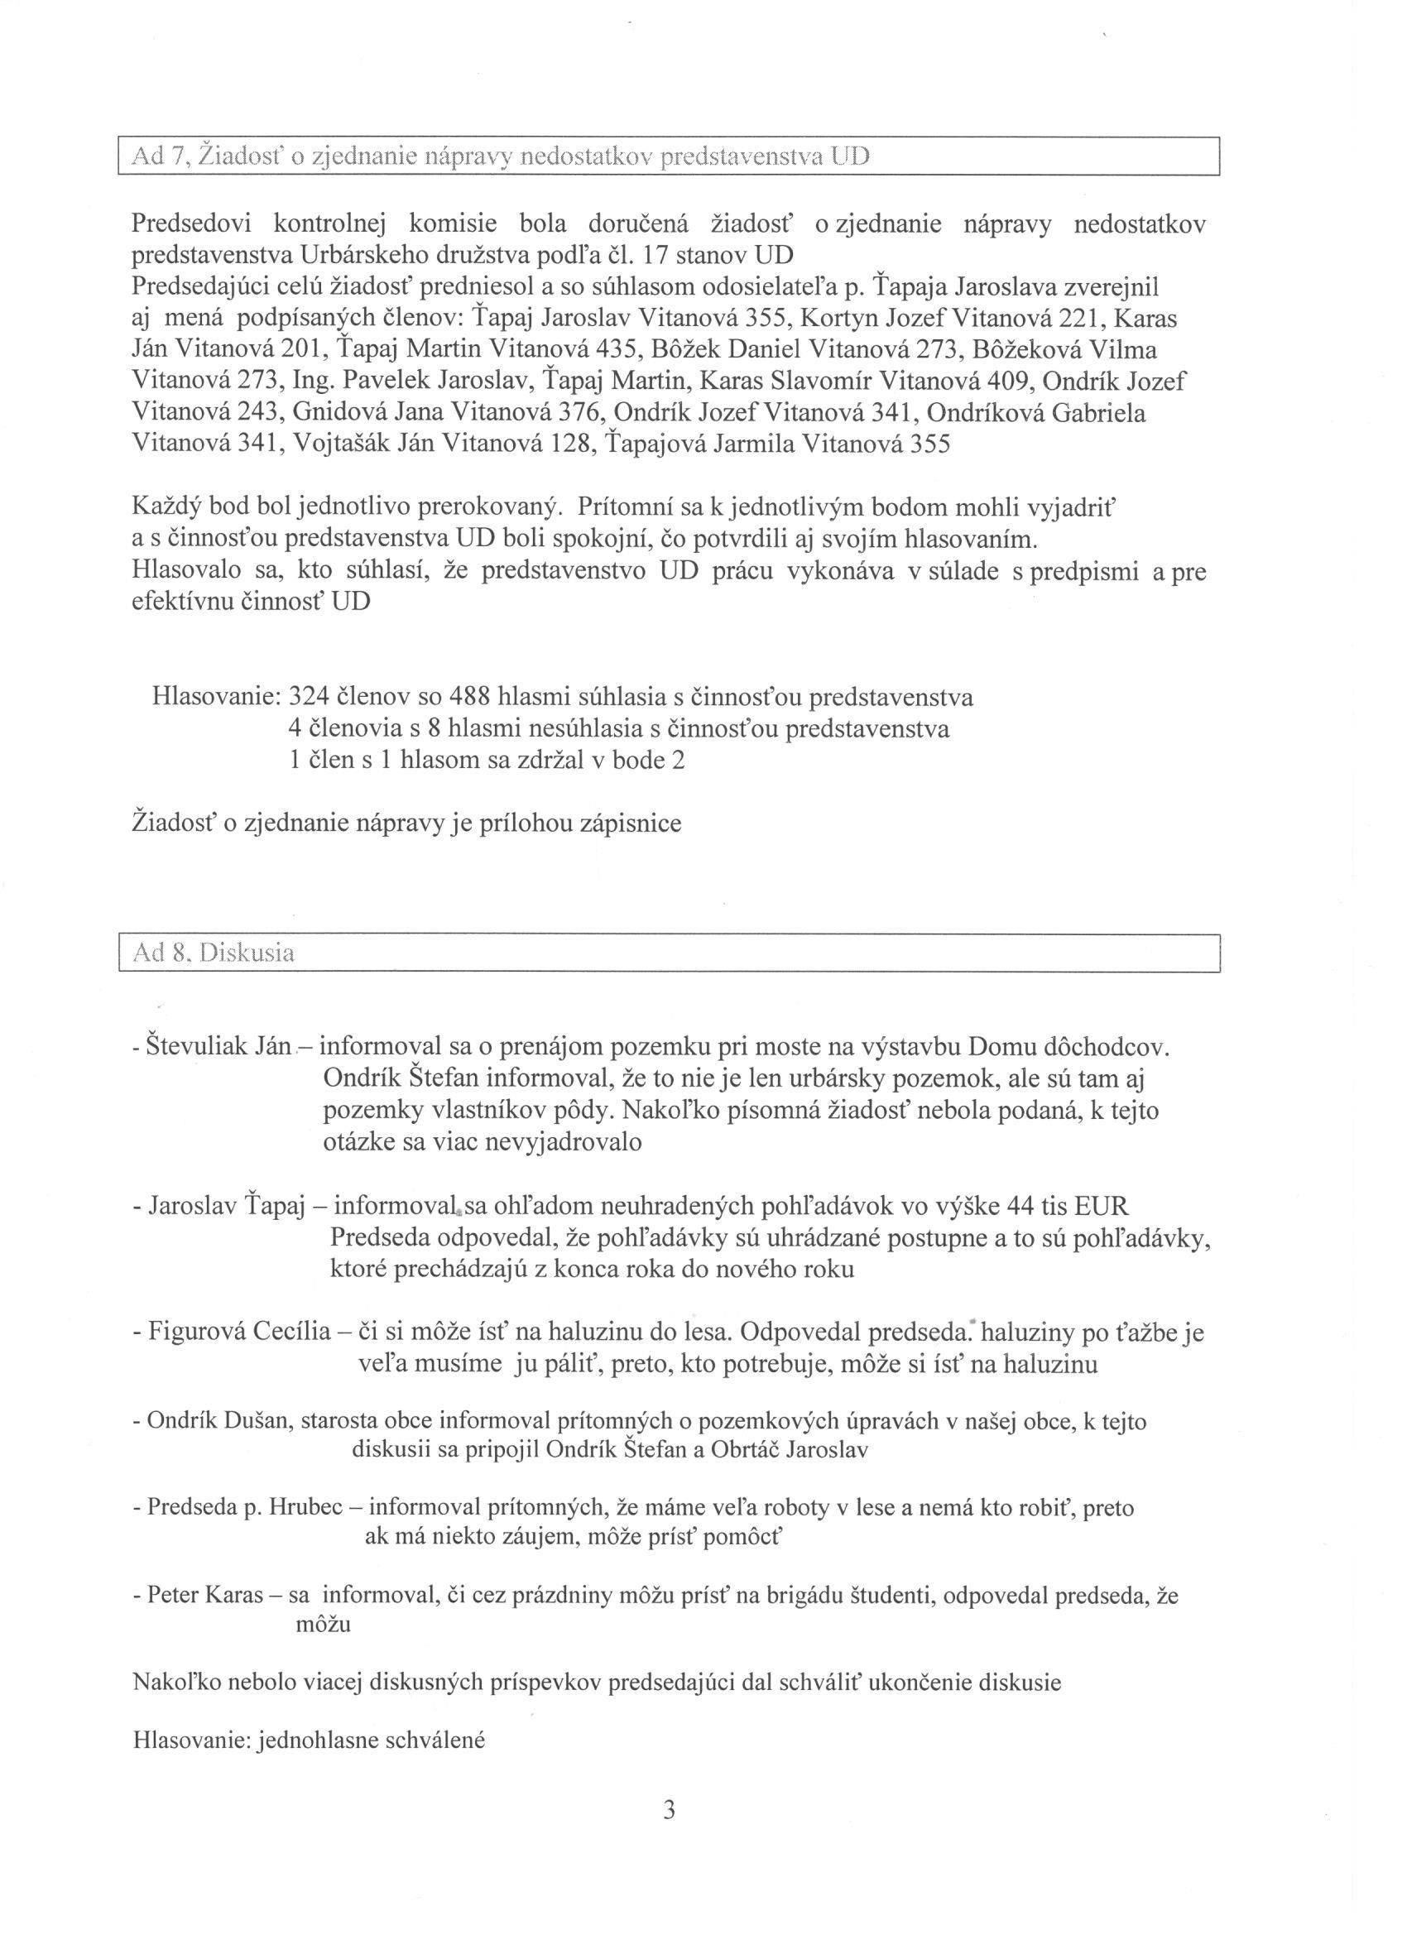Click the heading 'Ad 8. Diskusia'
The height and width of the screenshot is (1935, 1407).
pyautogui.click(x=214, y=953)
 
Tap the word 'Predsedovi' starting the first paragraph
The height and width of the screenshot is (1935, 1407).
pyautogui.click(x=190, y=224)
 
